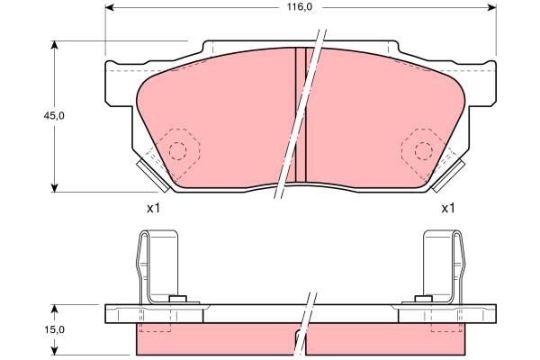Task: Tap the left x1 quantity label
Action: tap(153, 209)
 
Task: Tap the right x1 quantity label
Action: tap(447, 209)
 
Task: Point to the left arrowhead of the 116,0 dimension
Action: tap(110, 8)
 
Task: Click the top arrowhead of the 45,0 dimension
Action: tap(57, 44)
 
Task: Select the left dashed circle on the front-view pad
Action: tap(178, 149)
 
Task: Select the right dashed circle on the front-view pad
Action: tap(422, 149)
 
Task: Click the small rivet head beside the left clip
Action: tap(178, 299)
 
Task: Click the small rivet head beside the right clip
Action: tap(421, 299)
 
